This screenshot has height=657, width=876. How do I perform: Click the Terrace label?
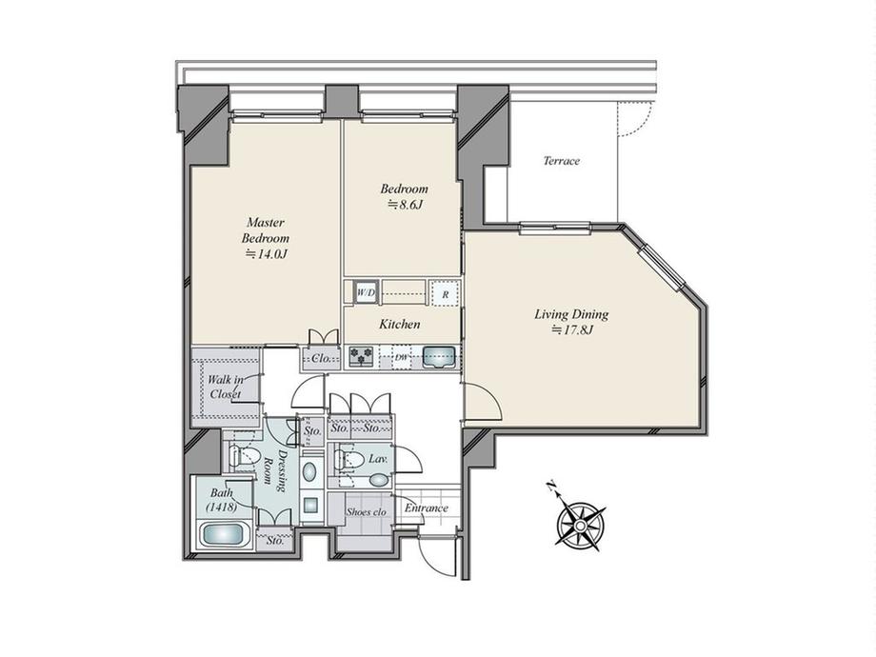(562, 161)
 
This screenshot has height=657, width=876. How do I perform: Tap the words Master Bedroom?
(266, 230)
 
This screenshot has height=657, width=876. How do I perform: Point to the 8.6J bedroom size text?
(405, 205)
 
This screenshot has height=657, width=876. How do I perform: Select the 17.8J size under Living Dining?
(571, 330)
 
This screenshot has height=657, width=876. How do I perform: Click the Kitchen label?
(400, 324)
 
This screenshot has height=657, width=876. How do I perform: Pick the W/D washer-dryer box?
(366, 292)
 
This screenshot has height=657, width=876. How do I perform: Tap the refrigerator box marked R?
(445, 292)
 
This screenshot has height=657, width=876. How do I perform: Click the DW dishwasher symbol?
(401, 358)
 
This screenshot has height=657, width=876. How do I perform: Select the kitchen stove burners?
(361, 357)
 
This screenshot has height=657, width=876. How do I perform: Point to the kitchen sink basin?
(440, 357)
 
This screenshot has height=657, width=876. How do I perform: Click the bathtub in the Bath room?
(224, 536)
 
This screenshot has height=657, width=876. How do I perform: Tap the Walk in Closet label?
(226, 387)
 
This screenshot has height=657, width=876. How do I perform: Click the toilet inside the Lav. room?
(348, 460)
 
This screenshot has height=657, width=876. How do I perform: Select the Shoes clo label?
(366, 511)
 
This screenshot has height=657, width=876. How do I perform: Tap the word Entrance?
(427, 508)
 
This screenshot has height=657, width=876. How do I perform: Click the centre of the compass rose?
(581, 526)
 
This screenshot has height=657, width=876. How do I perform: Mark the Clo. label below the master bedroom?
(322, 359)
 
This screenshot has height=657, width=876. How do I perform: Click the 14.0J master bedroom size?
(267, 255)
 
